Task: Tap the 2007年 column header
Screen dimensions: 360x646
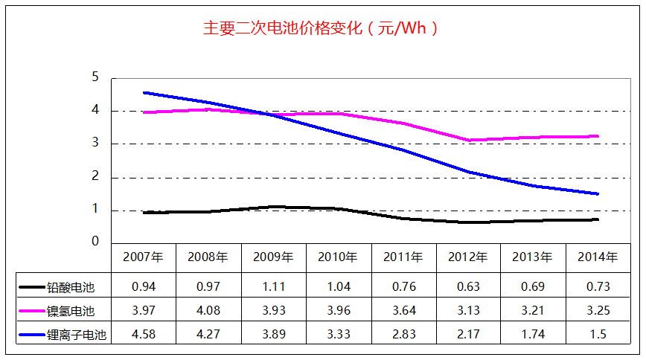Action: [143, 257]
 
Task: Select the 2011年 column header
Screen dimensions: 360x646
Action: [403, 257]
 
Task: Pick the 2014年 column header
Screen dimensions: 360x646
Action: [598, 257]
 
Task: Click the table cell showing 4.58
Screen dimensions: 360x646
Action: [143, 335]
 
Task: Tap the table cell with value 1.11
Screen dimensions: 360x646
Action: [273, 286]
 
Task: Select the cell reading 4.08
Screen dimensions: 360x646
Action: [208, 310]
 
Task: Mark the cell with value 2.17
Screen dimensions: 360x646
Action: [468, 335]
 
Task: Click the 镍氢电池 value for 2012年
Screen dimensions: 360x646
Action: [468, 310]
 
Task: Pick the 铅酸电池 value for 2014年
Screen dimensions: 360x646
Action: [598, 286]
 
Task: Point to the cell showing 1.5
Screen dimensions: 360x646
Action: [598, 335]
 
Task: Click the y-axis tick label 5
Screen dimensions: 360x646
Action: [95, 77]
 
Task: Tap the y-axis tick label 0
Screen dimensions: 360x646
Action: [95, 242]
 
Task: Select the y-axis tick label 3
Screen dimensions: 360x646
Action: [95, 144]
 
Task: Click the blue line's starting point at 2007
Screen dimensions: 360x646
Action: [144, 93]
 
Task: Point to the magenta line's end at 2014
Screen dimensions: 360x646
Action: [598, 136]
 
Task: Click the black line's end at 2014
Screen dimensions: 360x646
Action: [598, 219]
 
